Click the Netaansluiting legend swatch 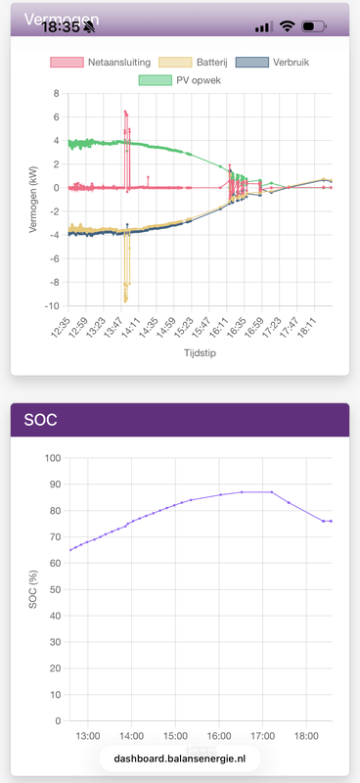(67, 62)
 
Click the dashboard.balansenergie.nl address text (180, 759)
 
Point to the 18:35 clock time (60, 27)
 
